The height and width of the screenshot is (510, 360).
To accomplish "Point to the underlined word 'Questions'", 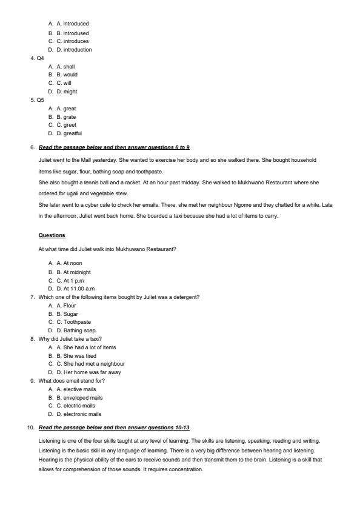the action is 52,235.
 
